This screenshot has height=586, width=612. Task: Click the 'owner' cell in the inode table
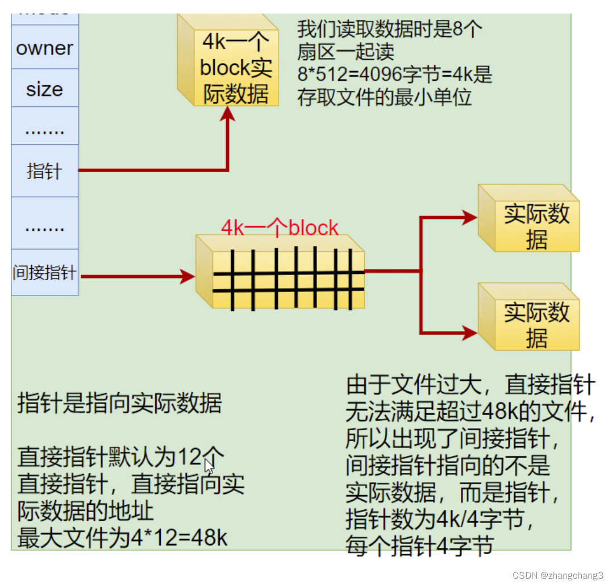tap(44, 48)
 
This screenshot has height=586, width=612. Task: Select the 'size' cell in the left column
tap(44, 89)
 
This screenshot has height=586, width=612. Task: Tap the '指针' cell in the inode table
tap(44, 171)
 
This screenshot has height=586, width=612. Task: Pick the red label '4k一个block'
tap(280, 228)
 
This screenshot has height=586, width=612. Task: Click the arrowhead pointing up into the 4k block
tap(227, 113)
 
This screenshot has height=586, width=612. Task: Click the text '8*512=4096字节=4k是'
tap(394, 74)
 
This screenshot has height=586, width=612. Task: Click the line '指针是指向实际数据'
tap(120, 403)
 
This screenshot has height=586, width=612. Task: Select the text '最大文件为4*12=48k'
tap(123, 538)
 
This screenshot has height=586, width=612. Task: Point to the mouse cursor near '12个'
tap(209, 467)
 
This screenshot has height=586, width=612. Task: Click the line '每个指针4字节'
tap(419, 547)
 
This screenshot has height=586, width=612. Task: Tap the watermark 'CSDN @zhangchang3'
tap(557, 575)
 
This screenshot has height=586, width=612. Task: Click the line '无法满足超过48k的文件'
tap(471, 412)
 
